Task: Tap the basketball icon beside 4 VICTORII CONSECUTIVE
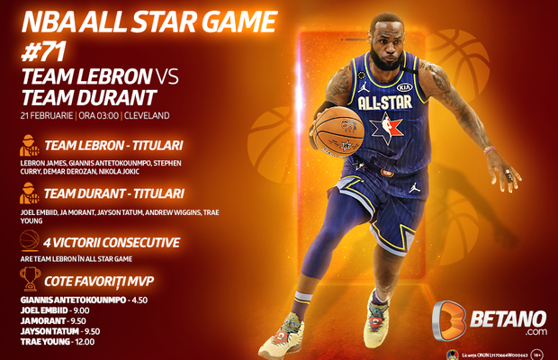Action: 29,242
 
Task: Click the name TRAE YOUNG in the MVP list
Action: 45,341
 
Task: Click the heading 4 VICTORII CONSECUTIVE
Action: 118,242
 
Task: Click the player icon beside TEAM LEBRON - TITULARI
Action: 29,145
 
